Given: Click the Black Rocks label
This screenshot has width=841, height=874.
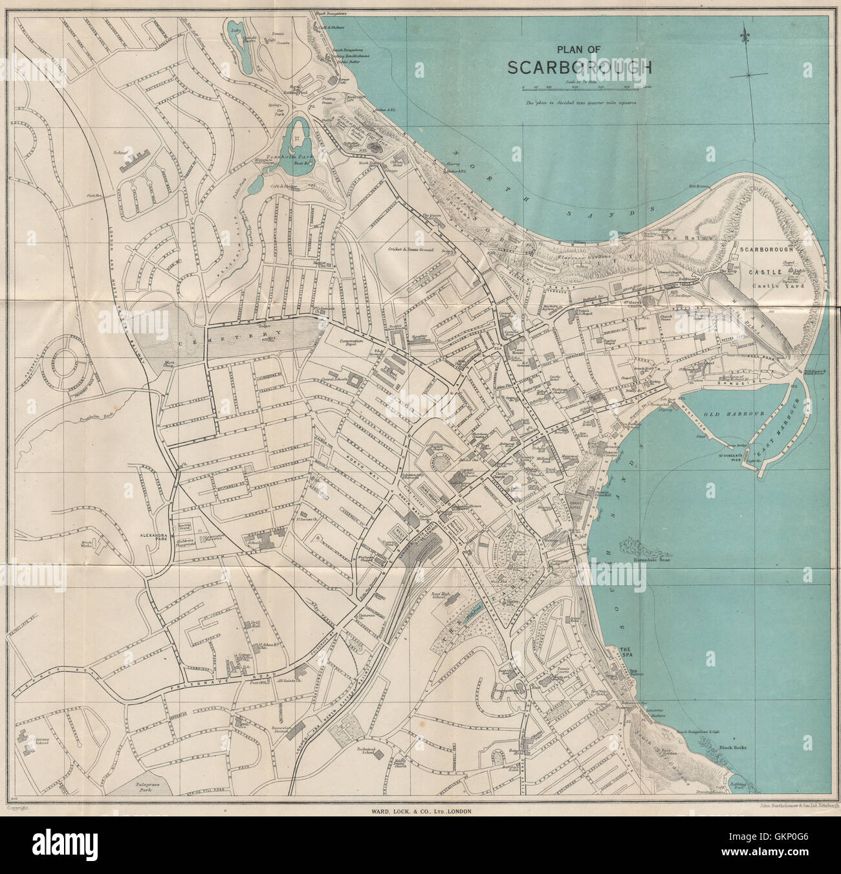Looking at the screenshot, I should pyautogui.click(x=732, y=747).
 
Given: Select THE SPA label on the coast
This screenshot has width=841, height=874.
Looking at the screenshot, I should pyautogui.click(x=624, y=652).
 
